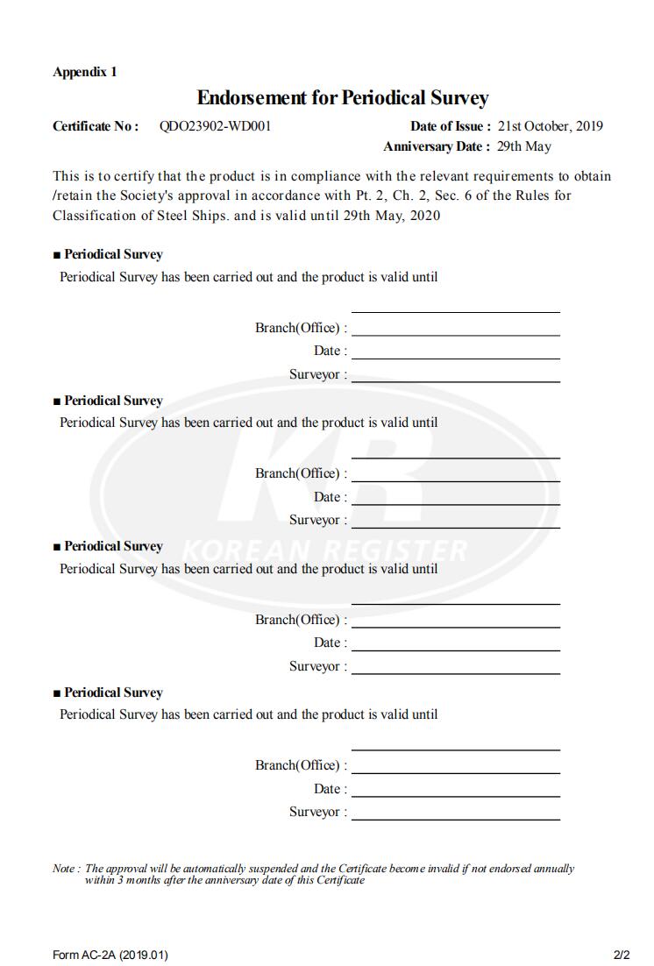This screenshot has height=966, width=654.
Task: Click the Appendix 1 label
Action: (84, 72)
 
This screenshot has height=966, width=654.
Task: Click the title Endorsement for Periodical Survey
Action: (342, 97)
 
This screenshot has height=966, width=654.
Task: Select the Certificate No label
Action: (96, 126)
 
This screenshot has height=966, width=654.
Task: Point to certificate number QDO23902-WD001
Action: (215, 126)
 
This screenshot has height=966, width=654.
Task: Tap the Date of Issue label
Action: (450, 126)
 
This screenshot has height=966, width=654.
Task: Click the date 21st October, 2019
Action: (550, 126)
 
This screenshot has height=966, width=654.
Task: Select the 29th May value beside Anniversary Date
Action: (523, 146)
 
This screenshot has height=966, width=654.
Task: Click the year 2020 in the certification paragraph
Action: (425, 216)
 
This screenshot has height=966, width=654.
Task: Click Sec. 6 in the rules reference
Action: (458, 195)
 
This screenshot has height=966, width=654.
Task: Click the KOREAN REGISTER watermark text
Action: (324, 550)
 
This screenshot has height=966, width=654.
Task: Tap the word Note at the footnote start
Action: (64, 869)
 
